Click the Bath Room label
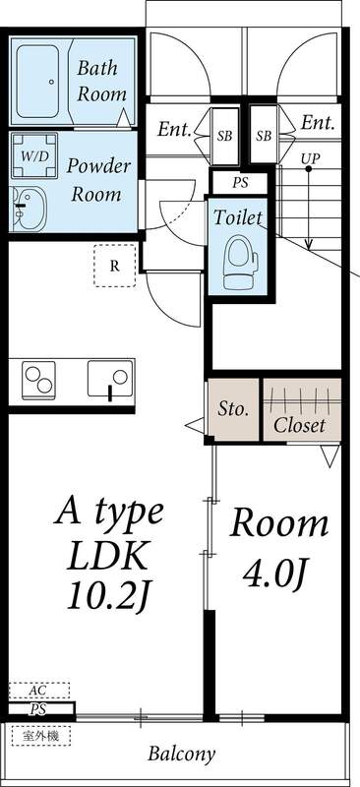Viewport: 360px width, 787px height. point(102,81)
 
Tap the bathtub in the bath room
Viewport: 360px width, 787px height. point(42,81)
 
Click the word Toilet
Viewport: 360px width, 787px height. point(237,216)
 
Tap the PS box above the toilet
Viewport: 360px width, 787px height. point(240,183)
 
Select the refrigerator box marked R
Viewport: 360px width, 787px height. point(114,265)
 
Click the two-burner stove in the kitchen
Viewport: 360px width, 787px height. point(41,380)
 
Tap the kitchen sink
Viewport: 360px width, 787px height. point(109,380)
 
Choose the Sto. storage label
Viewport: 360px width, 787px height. point(232,408)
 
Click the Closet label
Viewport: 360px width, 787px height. point(299,425)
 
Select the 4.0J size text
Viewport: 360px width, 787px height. point(279,571)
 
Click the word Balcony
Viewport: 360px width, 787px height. point(181,756)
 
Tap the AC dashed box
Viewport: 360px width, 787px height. point(39,691)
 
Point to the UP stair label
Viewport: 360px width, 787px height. point(310,157)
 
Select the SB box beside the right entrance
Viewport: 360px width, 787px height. point(263,135)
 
